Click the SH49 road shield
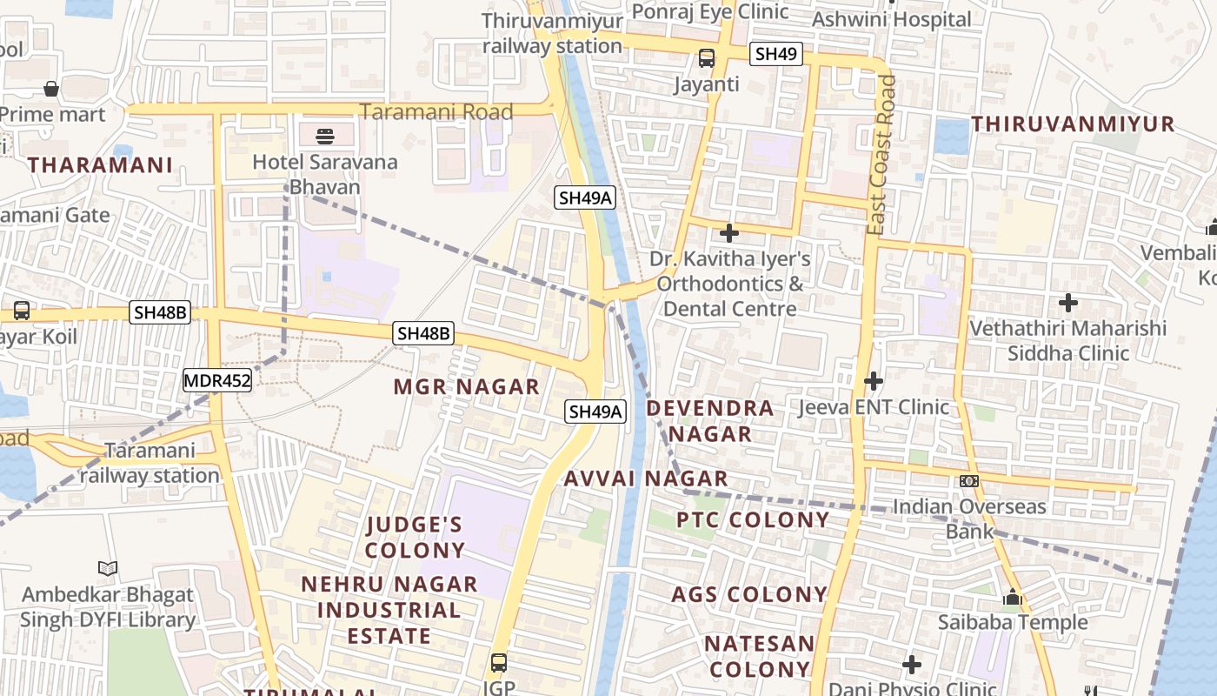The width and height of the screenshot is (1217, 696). pyautogui.click(x=775, y=54)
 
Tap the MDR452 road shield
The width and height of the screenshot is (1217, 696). pyautogui.click(x=217, y=380)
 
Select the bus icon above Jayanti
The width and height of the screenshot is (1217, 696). pyautogui.click(x=707, y=58)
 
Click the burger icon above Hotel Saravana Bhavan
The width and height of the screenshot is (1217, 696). pyautogui.click(x=325, y=136)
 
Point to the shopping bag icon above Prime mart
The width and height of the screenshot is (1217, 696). pyautogui.click(x=51, y=89)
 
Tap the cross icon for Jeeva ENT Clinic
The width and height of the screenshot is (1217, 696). pyautogui.click(x=874, y=381)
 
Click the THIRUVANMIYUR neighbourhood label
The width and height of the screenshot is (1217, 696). pyautogui.click(x=1073, y=124)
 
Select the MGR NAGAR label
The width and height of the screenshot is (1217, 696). pyautogui.click(x=467, y=386)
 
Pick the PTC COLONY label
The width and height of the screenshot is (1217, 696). pyautogui.click(x=753, y=519)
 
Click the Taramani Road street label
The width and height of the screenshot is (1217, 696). pyautogui.click(x=436, y=111)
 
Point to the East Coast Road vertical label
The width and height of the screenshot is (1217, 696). pyautogui.click(x=885, y=155)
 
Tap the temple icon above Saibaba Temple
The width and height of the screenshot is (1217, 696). pyautogui.click(x=1012, y=598)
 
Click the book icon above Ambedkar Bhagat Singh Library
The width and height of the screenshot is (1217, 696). pyautogui.click(x=108, y=569)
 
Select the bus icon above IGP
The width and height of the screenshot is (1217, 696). pyautogui.click(x=499, y=662)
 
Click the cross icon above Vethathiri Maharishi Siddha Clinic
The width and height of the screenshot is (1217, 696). pyautogui.click(x=1068, y=303)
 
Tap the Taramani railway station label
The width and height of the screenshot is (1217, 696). pyautogui.click(x=150, y=463)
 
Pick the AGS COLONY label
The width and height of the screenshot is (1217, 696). pyautogui.click(x=749, y=594)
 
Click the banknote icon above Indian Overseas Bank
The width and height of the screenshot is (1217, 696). pyautogui.click(x=969, y=481)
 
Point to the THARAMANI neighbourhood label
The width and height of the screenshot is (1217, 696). pyautogui.click(x=100, y=164)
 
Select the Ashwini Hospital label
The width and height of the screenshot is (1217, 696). pyautogui.click(x=891, y=19)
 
